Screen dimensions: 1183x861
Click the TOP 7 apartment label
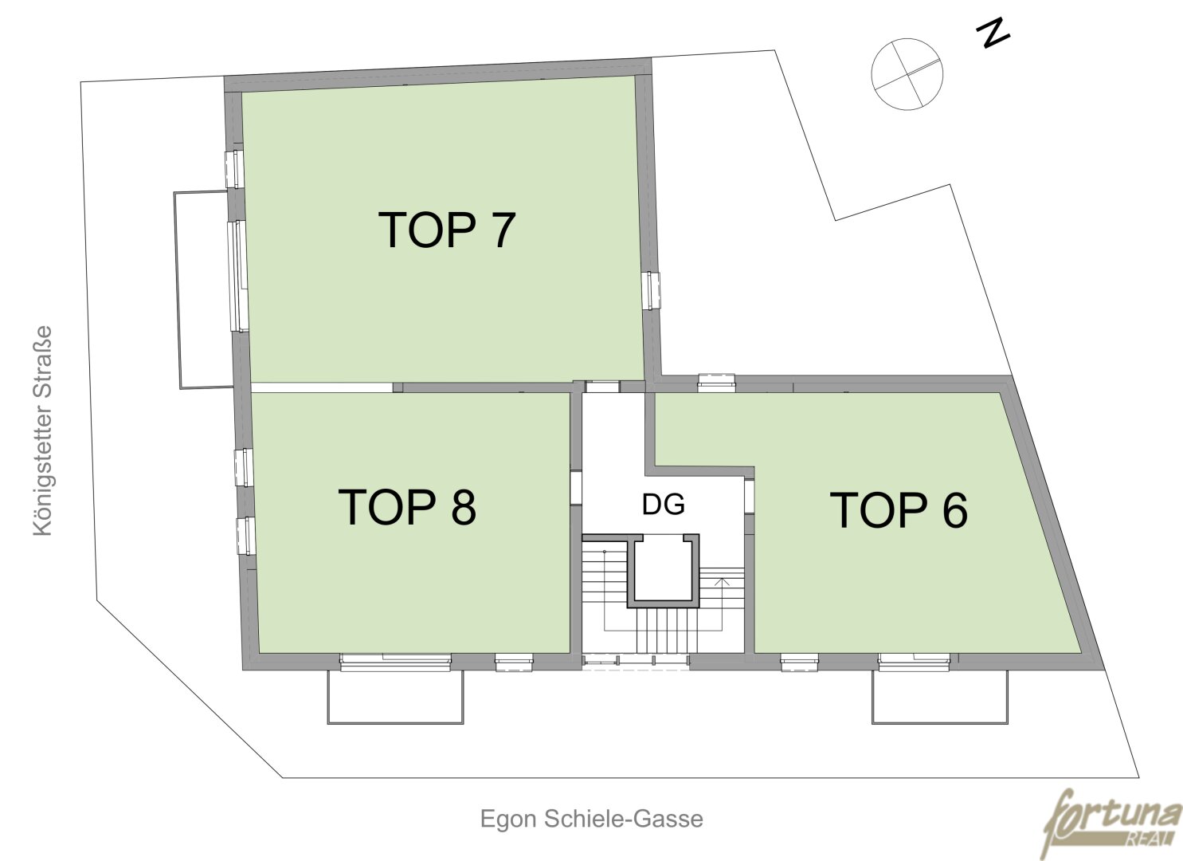coord(447,230)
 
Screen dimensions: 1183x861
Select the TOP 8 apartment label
coord(406,506)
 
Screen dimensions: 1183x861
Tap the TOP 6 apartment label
coord(899,509)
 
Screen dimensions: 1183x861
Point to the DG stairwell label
coord(664,504)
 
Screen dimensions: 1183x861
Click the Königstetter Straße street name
coord(43,431)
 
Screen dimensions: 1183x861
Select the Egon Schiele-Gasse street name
coord(591,819)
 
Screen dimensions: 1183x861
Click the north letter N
coord(993,34)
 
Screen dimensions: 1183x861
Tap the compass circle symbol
coord(907,74)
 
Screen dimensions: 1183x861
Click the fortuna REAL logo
coord(1112,824)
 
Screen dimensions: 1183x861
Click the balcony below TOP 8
coord(395,697)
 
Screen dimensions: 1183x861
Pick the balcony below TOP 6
coord(939,697)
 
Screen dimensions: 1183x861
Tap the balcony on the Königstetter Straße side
coord(204,289)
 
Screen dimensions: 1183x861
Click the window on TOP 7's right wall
coord(652,290)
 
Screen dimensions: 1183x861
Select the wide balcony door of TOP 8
coord(396,662)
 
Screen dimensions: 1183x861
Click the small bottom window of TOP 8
coord(514,662)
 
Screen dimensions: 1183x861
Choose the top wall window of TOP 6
coord(717,383)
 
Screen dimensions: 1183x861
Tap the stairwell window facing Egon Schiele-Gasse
coord(636,661)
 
